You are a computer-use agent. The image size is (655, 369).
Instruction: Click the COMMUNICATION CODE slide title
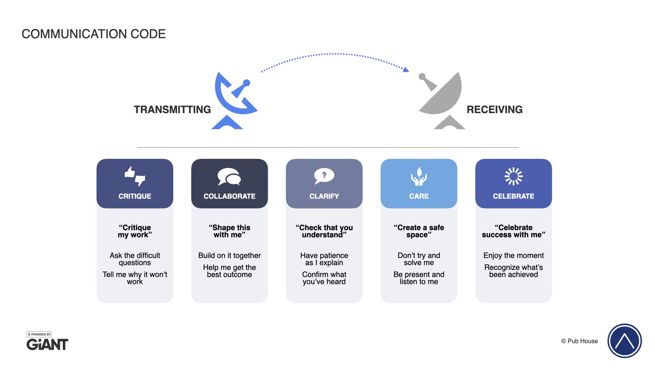tap(93, 34)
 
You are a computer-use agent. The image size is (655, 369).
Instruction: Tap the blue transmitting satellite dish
tap(234, 97)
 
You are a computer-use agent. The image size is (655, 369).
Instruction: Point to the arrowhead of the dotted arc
tap(406, 70)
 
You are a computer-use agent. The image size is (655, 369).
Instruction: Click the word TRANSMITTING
tap(172, 109)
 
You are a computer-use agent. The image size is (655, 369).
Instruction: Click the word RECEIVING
tap(494, 109)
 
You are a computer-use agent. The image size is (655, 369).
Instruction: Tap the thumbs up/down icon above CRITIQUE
tap(135, 176)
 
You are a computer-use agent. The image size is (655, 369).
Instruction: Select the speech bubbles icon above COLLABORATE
tap(229, 177)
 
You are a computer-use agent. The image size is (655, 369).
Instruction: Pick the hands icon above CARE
tap(419, 176)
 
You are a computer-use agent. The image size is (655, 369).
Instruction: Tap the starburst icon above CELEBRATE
tap(513, 176)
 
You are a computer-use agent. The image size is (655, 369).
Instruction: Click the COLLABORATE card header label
tap(229, 196)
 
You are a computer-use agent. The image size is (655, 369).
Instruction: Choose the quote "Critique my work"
tap(135, 231)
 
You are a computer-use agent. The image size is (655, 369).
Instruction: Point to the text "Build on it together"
tap(229, 256)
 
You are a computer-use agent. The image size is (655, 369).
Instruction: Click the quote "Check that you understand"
tap(324, 231)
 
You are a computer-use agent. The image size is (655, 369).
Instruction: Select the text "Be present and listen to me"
tap(419, 278)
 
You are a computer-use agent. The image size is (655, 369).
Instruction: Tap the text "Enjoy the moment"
tap(513, 256)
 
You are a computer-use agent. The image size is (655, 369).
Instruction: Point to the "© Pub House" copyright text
tap(579, 341)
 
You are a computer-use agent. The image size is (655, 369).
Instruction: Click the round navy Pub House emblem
tap(625, 341)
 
